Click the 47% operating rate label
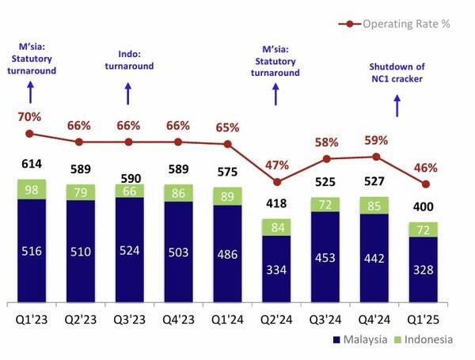pos(277,165)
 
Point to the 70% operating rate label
pos(30,117)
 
